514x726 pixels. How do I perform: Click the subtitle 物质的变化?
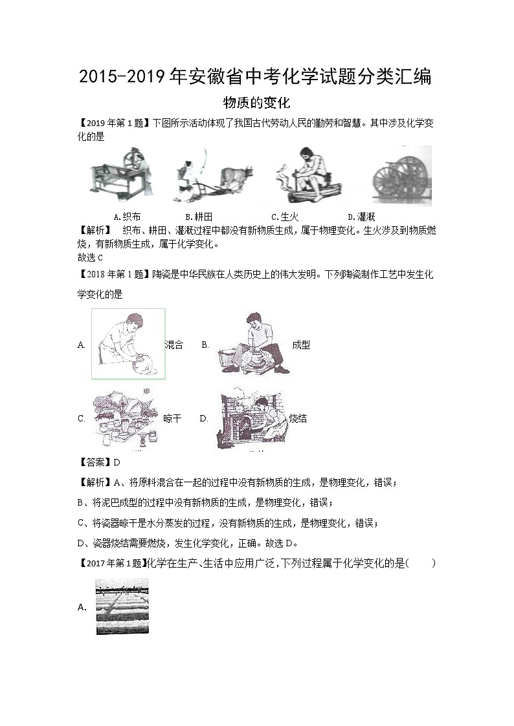click(x=256, y=102)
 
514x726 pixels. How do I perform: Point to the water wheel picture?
click(x=401, y=176)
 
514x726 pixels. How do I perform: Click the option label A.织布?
click(x=127, y=217)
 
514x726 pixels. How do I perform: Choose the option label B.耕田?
click(x=199, y=217)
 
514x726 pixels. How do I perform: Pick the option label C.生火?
click(x=285, y=217)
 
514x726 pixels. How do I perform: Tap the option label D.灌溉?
click(x=361, y=217)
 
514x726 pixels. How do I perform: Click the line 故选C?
click(x=90, y=257)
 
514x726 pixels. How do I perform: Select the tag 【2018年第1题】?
click(x=114, y=275)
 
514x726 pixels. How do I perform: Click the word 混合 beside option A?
click(x=174, y=345)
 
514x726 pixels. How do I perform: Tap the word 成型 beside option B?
click(x=301, y=345)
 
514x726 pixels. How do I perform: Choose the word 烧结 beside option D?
click(x=298, y=418)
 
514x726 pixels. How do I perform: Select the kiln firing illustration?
click(x=251, y=418)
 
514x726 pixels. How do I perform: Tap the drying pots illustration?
click(x=126, y=419)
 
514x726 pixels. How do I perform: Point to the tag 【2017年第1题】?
click(x=113, y=563)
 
